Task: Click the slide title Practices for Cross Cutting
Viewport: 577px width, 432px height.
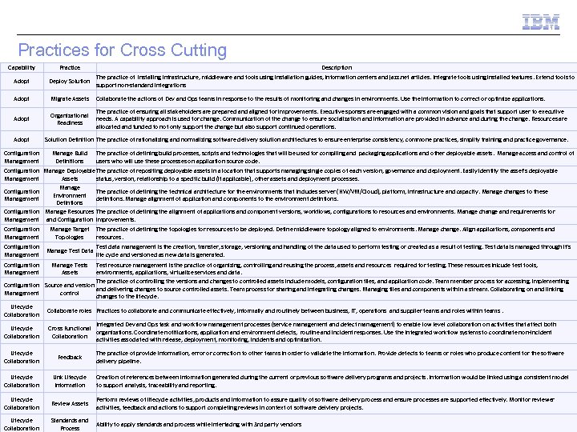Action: point(123,50)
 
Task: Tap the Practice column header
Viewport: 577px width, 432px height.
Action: point(70,68)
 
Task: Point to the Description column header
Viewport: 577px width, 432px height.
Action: point(332,68)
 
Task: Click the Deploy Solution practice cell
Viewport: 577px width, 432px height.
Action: point(70,81)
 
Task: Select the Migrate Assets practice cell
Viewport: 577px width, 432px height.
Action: point(70,98)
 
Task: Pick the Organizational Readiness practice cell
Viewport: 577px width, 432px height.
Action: point(70,118)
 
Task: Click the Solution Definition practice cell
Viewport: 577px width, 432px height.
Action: point(70,139)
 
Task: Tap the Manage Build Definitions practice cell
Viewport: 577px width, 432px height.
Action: point(70,157)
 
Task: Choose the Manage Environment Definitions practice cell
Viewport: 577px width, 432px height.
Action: point(70,195)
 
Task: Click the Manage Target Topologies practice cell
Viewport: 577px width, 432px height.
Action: point(70,233)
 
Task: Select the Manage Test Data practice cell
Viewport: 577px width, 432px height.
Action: point(70,251)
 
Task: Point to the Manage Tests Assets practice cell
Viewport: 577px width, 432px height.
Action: point(70,269)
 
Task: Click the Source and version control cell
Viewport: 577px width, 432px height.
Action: point(70,289)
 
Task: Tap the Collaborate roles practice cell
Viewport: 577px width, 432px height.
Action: point(70,310)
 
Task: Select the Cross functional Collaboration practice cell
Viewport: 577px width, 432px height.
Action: point(70,332)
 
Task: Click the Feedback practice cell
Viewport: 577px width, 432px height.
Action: point(70,357)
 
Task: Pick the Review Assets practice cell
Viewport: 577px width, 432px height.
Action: point(70,403)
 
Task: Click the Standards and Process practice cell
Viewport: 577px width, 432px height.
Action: point(70,424)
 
